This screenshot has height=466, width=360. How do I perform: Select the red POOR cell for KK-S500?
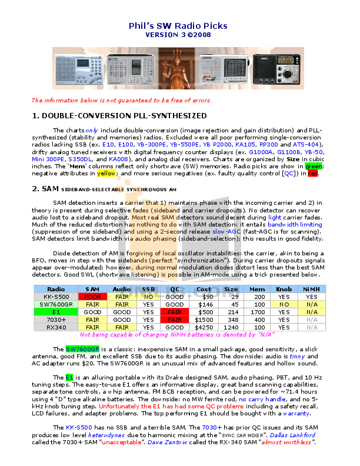[92, 297]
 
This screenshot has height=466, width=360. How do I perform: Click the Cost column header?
[204, 289]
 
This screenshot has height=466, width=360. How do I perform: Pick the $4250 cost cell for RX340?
[204, 327]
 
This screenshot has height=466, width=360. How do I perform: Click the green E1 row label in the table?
[56, 312]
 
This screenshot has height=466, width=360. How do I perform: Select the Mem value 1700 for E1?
[257, 312]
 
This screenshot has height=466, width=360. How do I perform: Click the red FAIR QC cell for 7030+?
[174, 319]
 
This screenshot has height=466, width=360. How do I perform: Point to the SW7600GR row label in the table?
[56, 304]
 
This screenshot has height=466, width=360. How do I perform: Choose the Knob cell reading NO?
[284, 304]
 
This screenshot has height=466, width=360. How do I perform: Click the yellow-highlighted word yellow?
[106, 174]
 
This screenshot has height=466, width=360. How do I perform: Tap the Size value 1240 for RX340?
[231, 327]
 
